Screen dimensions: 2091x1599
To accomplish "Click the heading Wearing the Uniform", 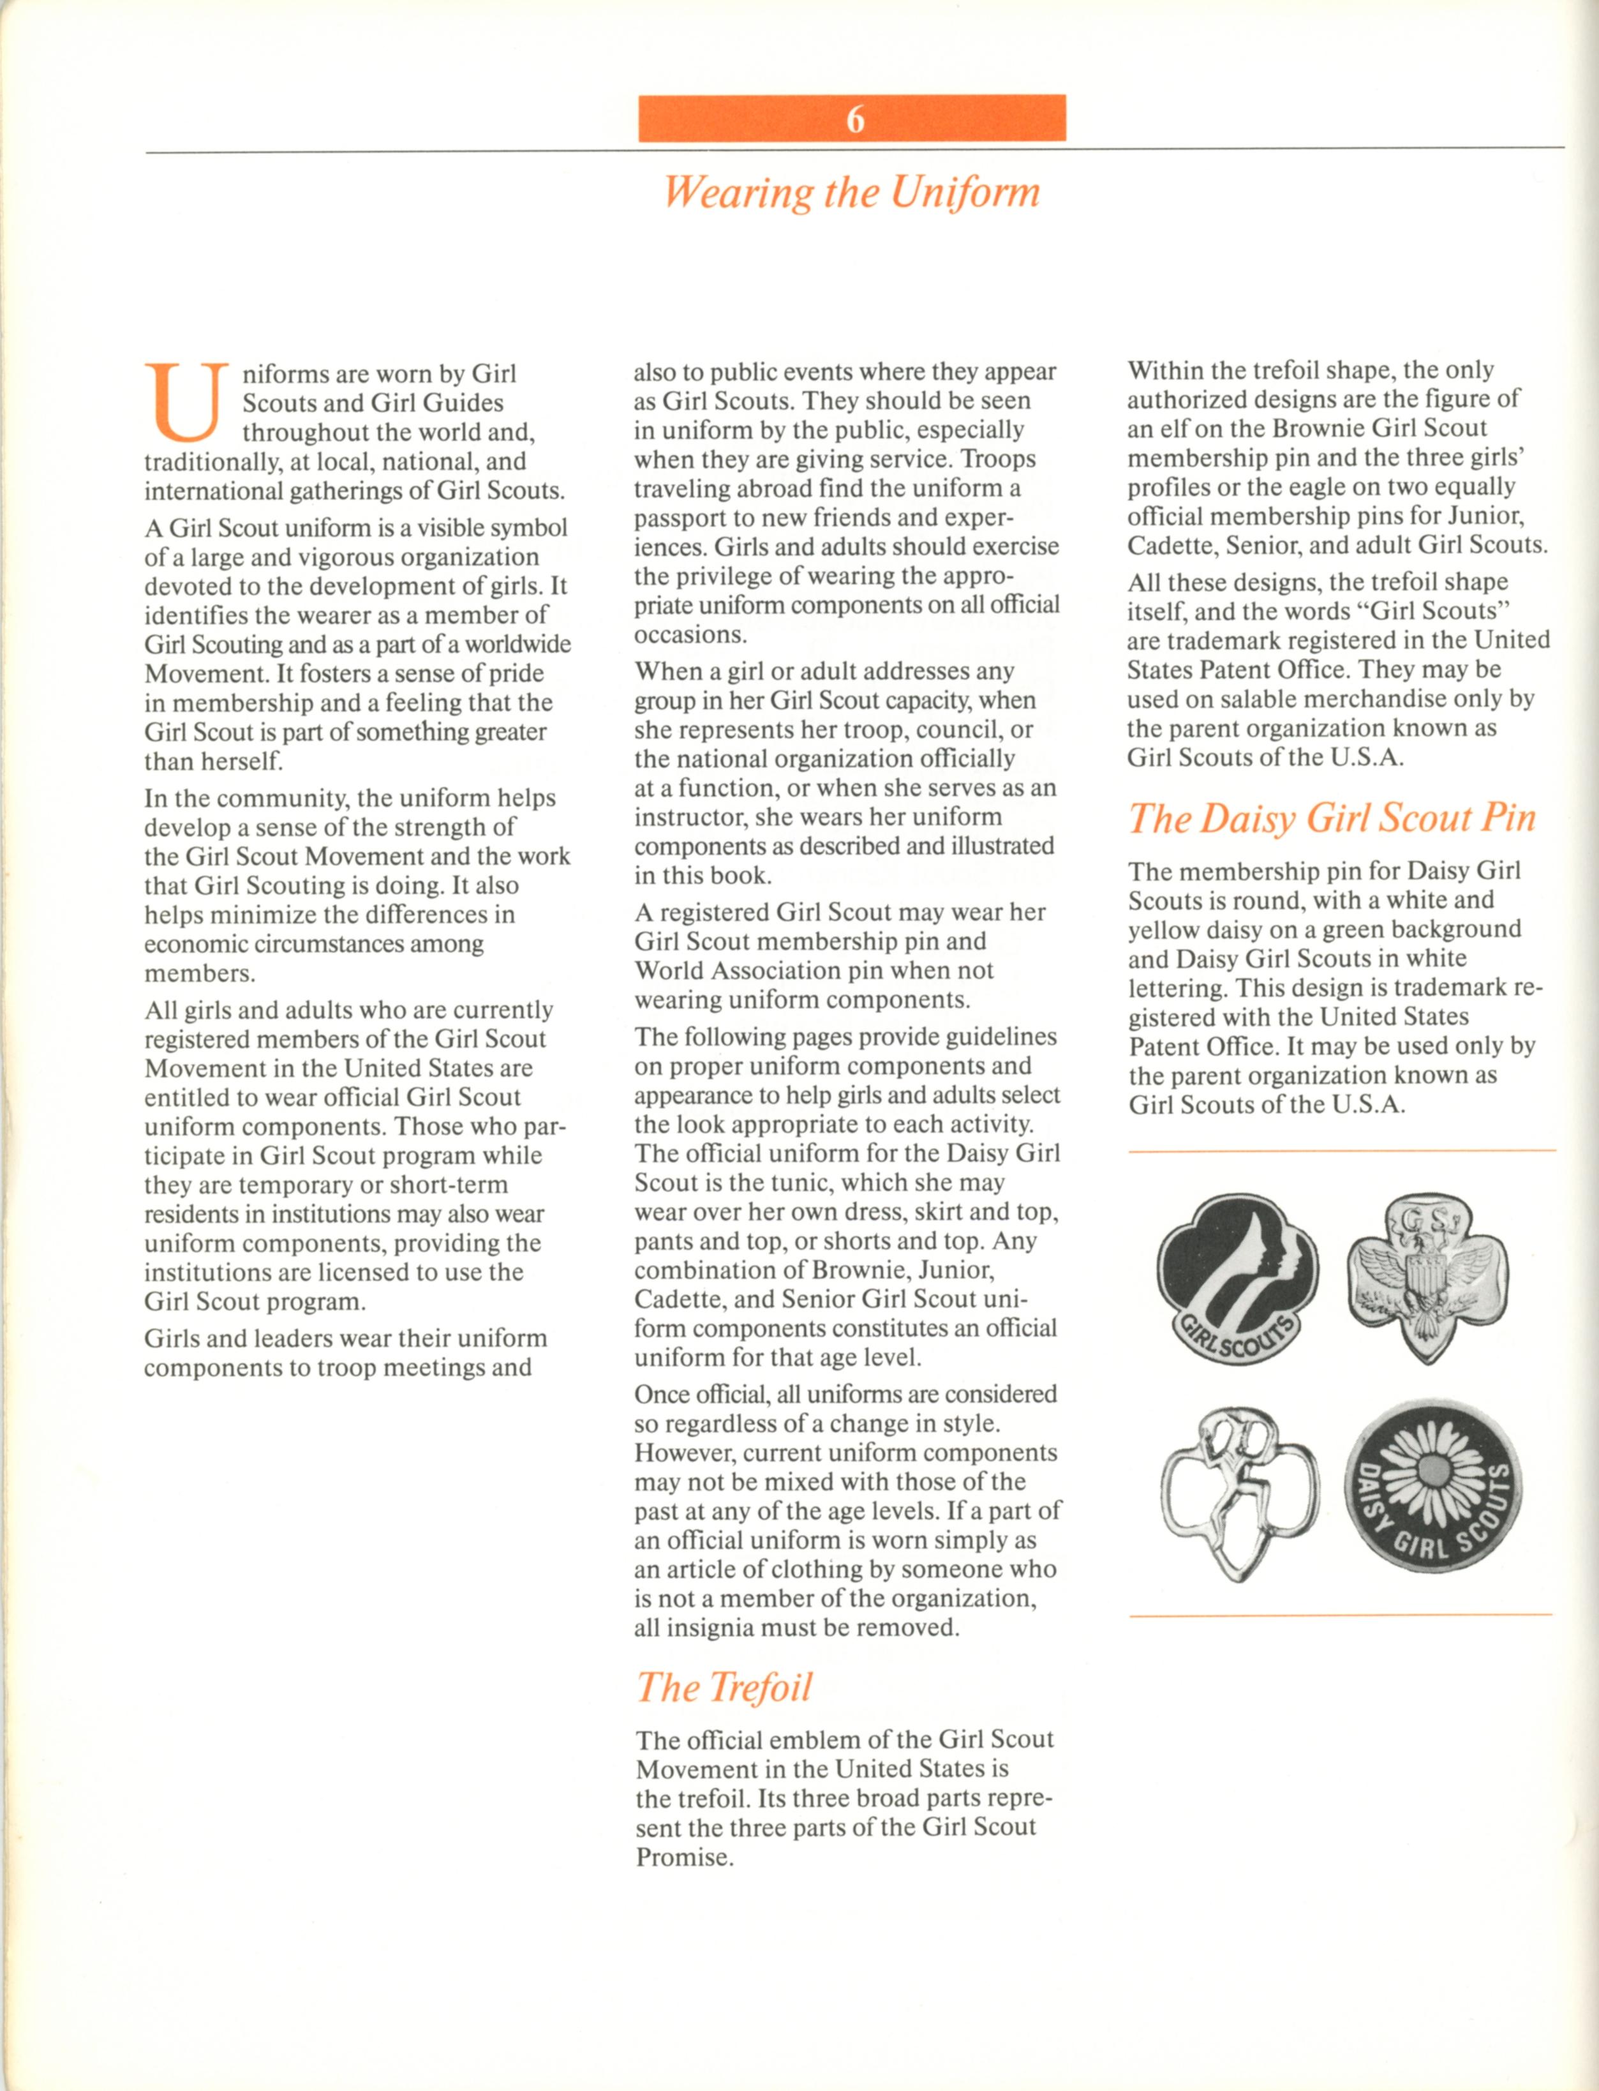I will (851, 192).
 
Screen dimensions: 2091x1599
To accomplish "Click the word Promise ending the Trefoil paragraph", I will (683, 1858).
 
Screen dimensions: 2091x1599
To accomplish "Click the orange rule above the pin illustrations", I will (1340, 1151).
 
